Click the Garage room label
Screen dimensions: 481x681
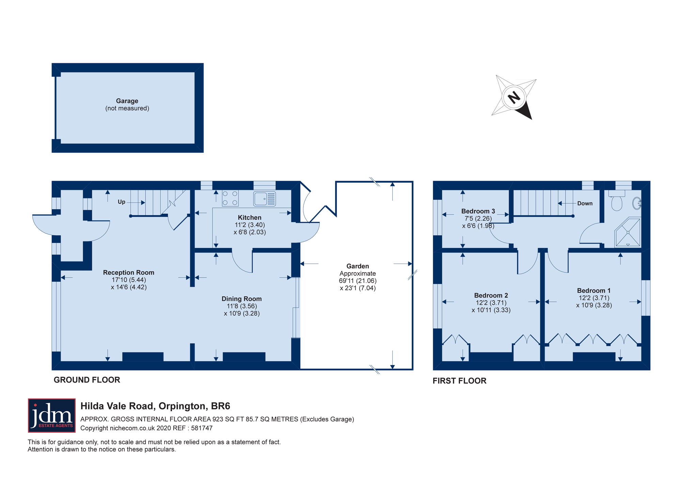[127, 101]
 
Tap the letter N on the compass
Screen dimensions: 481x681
[514, 98]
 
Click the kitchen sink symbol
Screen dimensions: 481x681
[264, 199]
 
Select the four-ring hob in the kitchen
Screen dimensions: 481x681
[230, 198]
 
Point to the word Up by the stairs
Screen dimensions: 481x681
[122, 202]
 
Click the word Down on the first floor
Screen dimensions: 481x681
[585, 203]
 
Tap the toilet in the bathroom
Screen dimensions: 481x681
[617, 202]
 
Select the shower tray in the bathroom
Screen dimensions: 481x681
[628, 232]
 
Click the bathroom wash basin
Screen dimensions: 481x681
[637, 203]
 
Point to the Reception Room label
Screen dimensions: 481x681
[129, 272]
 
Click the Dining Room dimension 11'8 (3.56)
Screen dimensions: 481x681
[242, 306]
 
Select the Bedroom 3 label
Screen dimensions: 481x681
[478, 211]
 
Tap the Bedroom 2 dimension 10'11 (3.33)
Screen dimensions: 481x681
[491, 310]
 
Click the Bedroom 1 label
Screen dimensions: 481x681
[593, 291]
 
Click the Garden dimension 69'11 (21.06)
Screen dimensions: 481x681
[358, 281]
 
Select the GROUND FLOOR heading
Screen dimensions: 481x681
[87, 380]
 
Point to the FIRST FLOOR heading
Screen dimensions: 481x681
[459, 381]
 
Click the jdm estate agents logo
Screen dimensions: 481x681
[52, 415]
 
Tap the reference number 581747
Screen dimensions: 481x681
[202, 428]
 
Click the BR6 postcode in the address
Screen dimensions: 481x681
[221, 406]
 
